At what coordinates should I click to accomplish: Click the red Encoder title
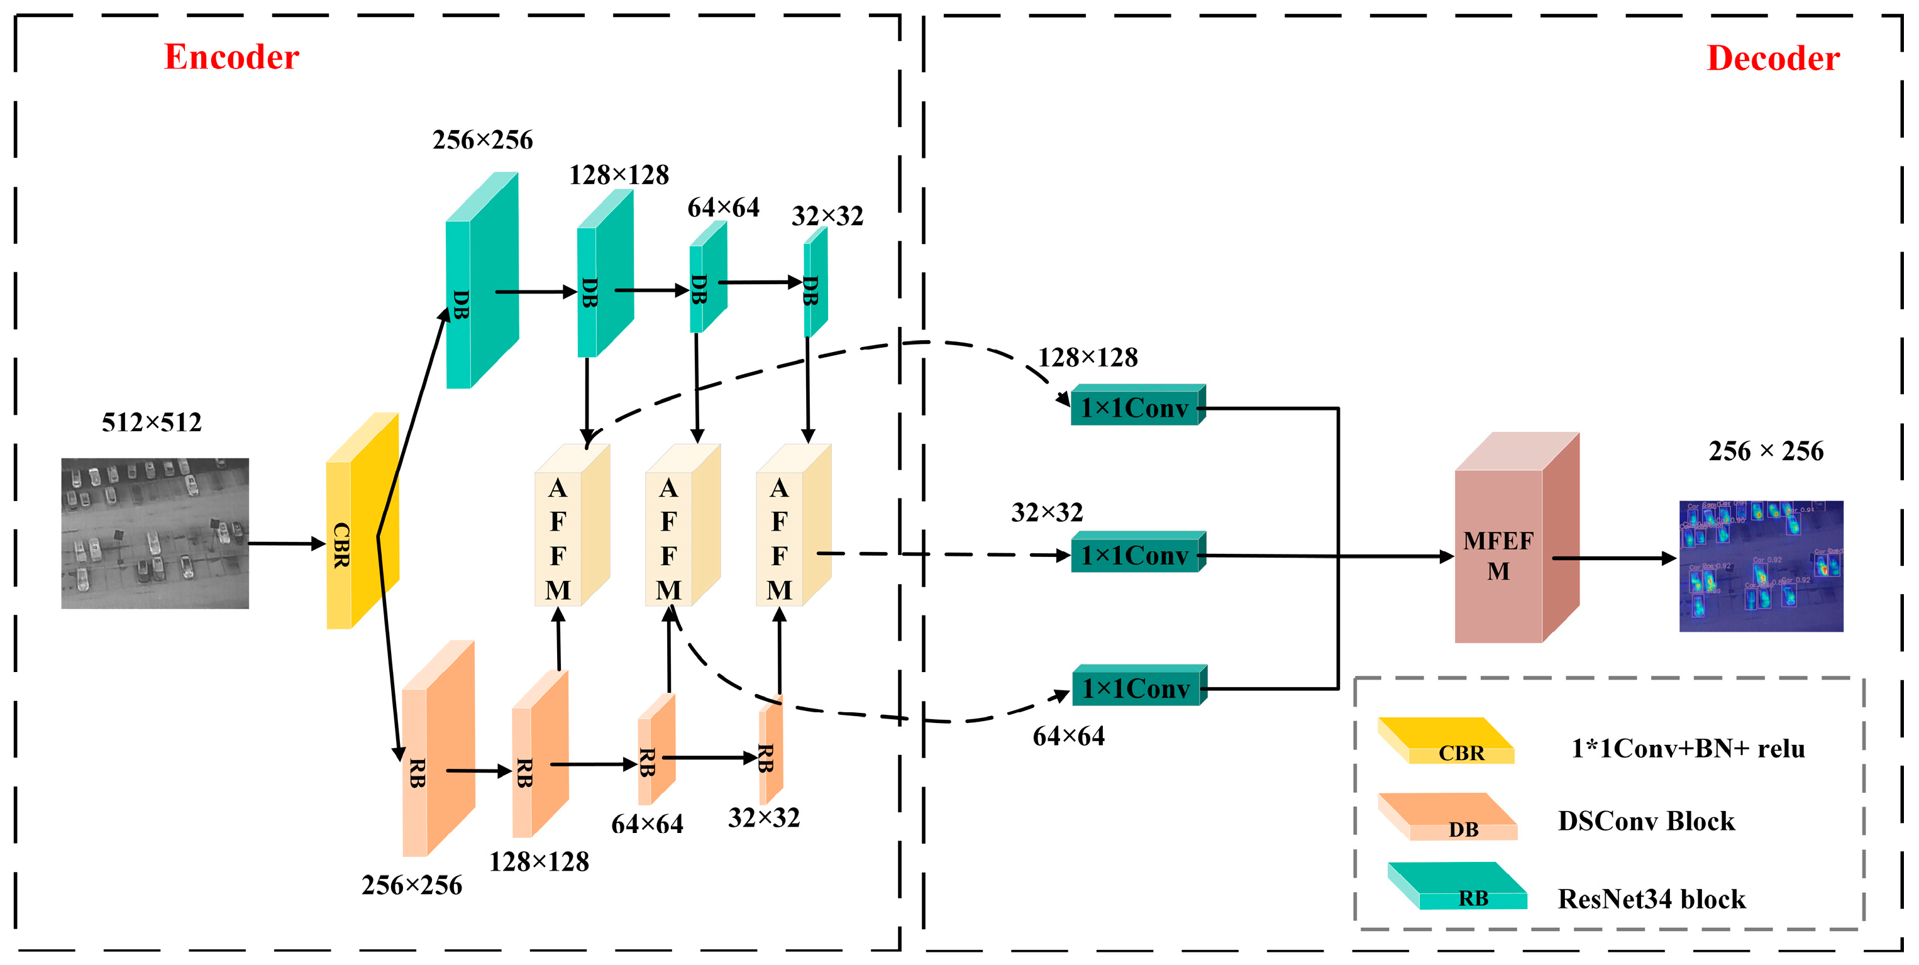tap(231, 57)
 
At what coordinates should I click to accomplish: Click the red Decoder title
tap(1772, 59)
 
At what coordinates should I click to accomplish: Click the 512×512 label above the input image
tap(152, 423)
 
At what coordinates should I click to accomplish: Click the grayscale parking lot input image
tap(155, 533)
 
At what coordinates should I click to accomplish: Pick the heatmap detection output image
tap(1761, 566)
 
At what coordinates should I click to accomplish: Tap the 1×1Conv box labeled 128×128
tap(1134, 407)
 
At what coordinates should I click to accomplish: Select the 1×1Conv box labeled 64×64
tap(1136, 688)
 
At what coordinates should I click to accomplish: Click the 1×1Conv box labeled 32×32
tap(1134, 554)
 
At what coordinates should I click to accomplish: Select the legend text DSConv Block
tap(1645, 821)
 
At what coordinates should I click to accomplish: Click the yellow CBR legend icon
tap(1445, 741)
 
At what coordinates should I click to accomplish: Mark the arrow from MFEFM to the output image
tap(1613, 558)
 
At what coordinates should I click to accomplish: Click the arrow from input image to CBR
tap(287, 544)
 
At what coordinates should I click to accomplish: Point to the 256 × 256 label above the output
tap(1766, 451)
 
